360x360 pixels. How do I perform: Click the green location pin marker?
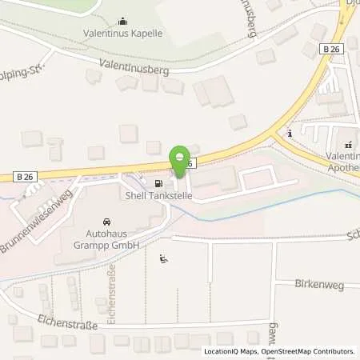(x=181, y=157)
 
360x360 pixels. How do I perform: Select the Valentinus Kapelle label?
(x=122, y=34)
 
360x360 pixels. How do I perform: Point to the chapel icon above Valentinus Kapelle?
(x=122, y=21)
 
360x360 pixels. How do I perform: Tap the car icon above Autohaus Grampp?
(x=105, y=222)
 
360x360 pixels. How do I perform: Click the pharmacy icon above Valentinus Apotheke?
(x=348, y=145)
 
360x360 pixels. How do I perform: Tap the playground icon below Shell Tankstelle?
(x=164, y=258)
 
